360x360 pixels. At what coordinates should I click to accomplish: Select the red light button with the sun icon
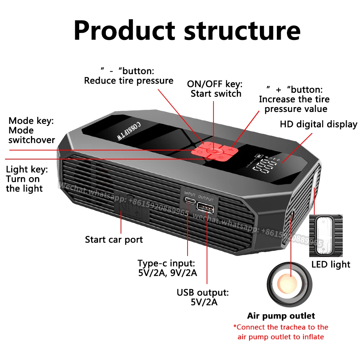coord(221,158)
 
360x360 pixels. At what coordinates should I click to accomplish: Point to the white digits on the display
coord(262,169)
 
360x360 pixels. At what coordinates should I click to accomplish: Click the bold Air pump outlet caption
coord(281,316)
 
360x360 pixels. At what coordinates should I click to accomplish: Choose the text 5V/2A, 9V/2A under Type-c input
coord(168,273)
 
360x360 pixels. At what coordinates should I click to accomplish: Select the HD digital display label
coord(319,125)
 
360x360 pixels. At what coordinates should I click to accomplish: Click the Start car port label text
coord(114,239)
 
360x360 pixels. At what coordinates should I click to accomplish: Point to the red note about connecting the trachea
coord(281,332)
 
